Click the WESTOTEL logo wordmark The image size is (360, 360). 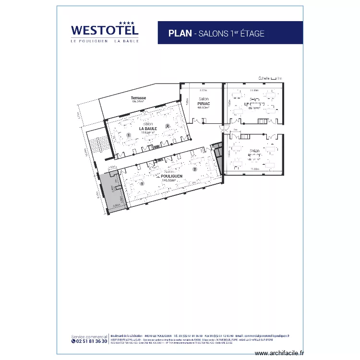pyautogui.click(x=105, y=30)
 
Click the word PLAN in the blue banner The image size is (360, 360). pyautogui.click(x=180, y=33)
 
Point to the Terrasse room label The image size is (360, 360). pyautogui.click(x=138, y=98)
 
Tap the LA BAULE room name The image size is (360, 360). pyautogui.click(x=148, y=129)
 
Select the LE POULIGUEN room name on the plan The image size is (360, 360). pyautogui.click(x=169, y=176)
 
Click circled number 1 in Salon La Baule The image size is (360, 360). pyautogui.click(x=129, y=135)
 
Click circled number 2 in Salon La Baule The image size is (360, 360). pyautogui.click(x=168, y=126)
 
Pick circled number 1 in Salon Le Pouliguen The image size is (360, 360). pyautogui.click(x=142, y=183)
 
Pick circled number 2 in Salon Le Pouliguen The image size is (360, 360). pyautogui.click(x=195, y=169)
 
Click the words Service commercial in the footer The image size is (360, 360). pyautogui.click(x=89, y=336)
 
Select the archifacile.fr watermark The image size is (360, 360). pyautogui.click(x=280, y=353)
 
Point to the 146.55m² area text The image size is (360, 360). pyautogui.click(x=169, y=180)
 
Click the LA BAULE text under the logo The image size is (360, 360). pyautogui.click(x=127, y=41)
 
